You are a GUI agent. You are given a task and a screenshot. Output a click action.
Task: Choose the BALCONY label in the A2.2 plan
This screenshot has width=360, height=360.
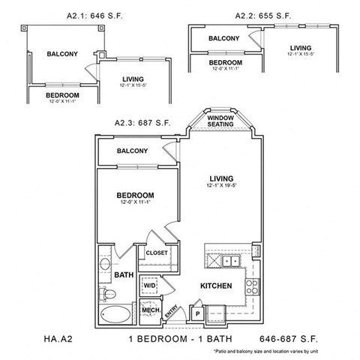coord(224,38)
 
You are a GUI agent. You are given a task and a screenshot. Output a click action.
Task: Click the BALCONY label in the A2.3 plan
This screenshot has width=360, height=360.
coord(132,151)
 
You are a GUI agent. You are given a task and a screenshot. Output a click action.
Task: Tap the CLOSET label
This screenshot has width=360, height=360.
coord(157,253)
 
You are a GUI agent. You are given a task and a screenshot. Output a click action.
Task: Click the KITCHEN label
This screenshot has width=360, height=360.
coord(215,286)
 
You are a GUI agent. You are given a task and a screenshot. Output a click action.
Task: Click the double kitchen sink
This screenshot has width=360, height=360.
coord(229,261)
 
